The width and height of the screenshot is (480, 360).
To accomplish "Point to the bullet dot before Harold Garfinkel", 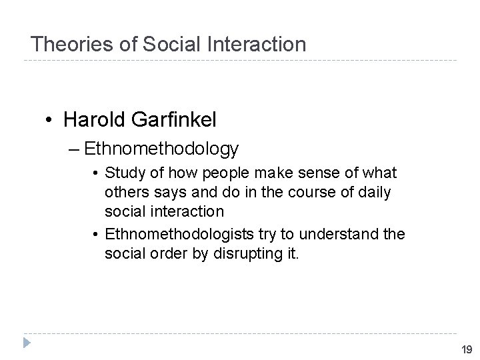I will pyautogui.click(x=50, y=120).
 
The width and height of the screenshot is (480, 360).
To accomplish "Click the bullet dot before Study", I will pyautogui.click(x=97, y=174).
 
